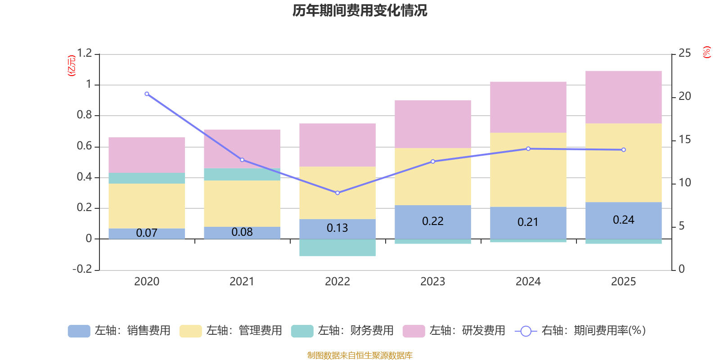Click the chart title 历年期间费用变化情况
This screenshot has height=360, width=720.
coord(360,10)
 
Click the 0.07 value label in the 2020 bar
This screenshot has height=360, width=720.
coord(147,233)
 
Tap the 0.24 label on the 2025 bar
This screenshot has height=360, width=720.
coord(623,220)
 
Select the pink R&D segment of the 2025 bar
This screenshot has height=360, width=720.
coord(623,97)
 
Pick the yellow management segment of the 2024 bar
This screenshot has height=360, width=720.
coord(528,170)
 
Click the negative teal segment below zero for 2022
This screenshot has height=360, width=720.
coord(337,248)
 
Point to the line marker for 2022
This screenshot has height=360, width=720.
coord(337,193)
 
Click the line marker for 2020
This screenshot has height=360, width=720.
coord(147,94)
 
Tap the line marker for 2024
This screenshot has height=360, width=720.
coord(528,148)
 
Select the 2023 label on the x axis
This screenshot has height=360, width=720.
coord(432,282)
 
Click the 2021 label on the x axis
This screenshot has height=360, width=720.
coord(242,282)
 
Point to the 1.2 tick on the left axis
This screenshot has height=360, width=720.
coord(84,54)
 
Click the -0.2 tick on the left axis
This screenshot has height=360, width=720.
coord(82,269)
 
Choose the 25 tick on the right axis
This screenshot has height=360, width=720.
coord(684,54)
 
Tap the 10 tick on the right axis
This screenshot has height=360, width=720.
coord(684,183)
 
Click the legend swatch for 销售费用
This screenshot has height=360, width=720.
coord(79,331)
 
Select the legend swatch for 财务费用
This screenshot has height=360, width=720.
coord(302,331)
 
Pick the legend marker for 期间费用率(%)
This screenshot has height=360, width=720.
coord(526,331)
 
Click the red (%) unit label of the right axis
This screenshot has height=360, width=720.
coord(707,52)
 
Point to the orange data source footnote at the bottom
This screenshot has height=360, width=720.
coord(360,355)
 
